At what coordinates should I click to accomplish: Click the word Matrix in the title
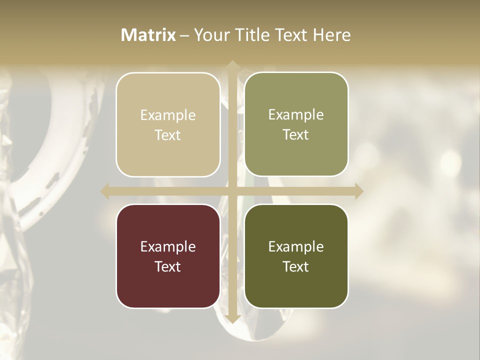pyautogui.click(x=148, y=35)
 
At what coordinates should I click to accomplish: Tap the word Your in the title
pyautogui.click(x=210, y=35)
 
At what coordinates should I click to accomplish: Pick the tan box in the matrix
pyautogui.click(x=168, y=124)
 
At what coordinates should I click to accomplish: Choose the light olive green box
pyautogui.click(x=296, y=124)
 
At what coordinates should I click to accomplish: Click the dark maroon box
pyautogui.click(x=168, y=256)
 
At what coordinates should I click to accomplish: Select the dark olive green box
pyautogui.click(x=296, y=256)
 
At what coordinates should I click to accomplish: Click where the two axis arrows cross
pyautogui.click(x=232, y=191)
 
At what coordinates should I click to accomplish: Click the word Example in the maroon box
pyautogui.click(x=168, y=246)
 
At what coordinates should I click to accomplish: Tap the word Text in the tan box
pyautogui.click(x=168, y=135)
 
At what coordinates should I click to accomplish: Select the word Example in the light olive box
pyautogui.click(x=296, y=114)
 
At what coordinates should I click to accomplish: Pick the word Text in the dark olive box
pyautogui.click(x=296, y=266)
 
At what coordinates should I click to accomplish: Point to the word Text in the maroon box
pyautogui.click(x=168, y=266)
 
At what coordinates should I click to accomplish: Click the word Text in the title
pyautogui.click(x=290, y=35)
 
